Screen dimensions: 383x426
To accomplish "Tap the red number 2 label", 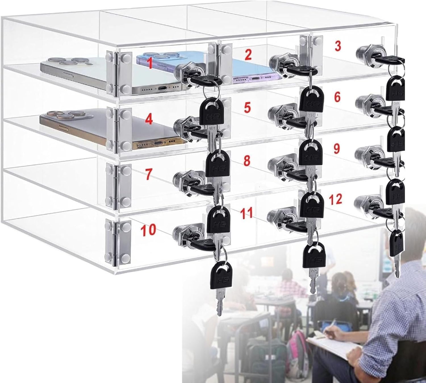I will pyautogui.click(x=248, y=55).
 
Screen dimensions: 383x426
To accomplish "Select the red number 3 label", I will pyautogui.click(x=337, y=46).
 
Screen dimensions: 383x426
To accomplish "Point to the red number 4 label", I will pyautogui.click(x=149, y=120).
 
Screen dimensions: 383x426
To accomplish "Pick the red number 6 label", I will pyautogui.click(x=337, y=97).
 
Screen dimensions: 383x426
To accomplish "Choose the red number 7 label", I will pyautogui.click(x=149, y=174).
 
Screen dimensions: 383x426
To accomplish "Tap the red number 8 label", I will pyautogui.click(x=247, y=161).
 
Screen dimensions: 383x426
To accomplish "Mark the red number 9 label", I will pyautogui.click(x=337, y=148).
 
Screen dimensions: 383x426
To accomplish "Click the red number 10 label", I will pyautogui.click(x=148, y=229).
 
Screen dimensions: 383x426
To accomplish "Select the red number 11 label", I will pyautogui.click(x=246, y=213).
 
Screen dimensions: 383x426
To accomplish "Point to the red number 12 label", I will pyautogui.click(x=335, y=199).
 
